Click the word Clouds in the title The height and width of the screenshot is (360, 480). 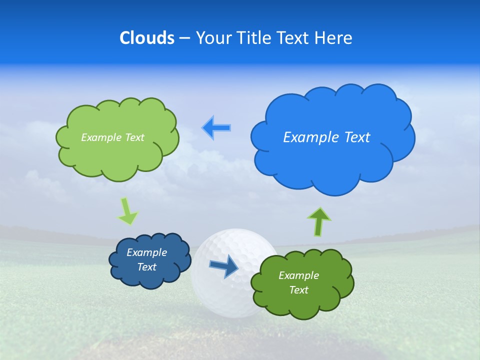click(x=146, y=38)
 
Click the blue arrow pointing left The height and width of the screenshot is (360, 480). click(x=216, y=128)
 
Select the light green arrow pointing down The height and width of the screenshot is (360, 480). click(x=127, y=211)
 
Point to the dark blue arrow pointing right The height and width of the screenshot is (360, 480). click(x=224, y=266)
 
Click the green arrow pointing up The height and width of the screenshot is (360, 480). click(x=319, y=221)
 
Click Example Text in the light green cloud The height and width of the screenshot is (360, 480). click(x=112, y=137)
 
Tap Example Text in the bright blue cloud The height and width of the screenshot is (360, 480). click(x=326, y=137)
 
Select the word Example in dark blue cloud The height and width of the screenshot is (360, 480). click(x=146, y=252)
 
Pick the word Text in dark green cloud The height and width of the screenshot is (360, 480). click(x=298, y=290)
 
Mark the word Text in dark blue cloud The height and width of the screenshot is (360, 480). click(x=146, y=267)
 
